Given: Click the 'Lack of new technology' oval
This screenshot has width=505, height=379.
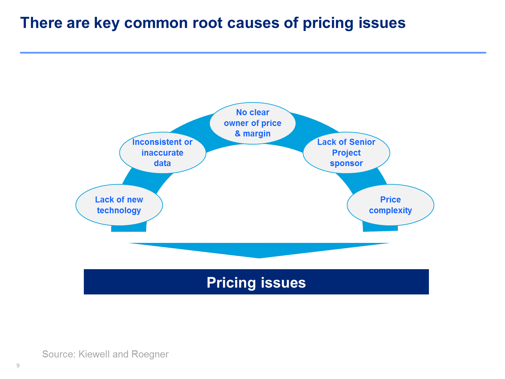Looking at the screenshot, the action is [x=119, y=204].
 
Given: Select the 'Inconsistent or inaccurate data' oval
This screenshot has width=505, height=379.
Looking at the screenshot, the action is [x=162, y=152].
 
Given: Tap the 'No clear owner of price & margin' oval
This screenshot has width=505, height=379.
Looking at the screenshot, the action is [x=252, y=123].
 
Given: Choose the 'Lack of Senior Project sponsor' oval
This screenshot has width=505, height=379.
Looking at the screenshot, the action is [x=346, y=152].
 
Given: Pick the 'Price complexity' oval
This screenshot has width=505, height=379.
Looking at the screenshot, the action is [x=391, y=204].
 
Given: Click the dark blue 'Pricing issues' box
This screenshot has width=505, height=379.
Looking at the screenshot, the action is [x=256, y=282].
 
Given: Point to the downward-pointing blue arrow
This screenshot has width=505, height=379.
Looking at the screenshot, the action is [x=259, y=250].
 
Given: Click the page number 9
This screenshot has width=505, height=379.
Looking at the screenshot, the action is [x=18, y=366].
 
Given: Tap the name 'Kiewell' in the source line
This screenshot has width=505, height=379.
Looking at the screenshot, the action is [x=94, y=354].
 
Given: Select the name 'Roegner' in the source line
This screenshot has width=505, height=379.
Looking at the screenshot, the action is [x=150, y=354].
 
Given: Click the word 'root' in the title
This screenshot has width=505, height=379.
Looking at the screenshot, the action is [x=207, y=23].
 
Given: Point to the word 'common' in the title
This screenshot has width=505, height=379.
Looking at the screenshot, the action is [x=156, y=23].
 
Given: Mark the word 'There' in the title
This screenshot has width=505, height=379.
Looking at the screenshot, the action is [x=41, y=23].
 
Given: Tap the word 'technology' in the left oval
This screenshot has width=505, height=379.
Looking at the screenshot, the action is [x=119, y=210].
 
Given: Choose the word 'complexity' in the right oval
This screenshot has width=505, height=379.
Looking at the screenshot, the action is [x=391, y=210].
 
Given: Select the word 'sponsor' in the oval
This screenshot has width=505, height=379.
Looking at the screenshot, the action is [x=346, y=163].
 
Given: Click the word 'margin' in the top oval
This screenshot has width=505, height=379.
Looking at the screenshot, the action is [x=257, y=134].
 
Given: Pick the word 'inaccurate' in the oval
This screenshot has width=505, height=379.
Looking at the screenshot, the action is [x=162, y=153].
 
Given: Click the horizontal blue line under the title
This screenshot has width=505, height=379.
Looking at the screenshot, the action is [x=253, y=53].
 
